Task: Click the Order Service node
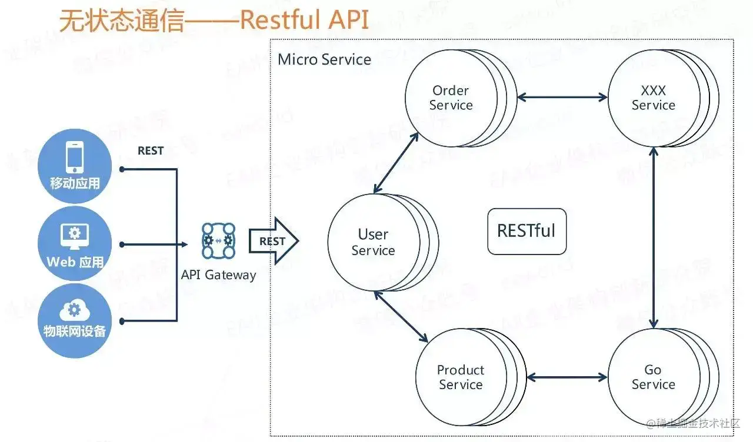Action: (x=451, y=98)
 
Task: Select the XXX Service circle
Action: (x=653, y=98)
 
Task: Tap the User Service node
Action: (x=374, y=242)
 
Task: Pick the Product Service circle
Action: (x=461, y=377)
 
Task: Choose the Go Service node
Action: (x=653, y=377)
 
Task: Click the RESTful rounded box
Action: (x=527, y=231)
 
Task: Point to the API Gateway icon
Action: (x=218, y=241)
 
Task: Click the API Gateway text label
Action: (x=218, y=275)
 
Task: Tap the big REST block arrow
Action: (x=274, y=241)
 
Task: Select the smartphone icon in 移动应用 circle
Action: (x=75, y=157)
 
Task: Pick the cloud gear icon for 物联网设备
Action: (x=75, y=310)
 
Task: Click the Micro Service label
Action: (x=324, y=59)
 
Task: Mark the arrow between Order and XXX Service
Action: (x=562, y=98)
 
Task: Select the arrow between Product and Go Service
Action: (x=567, y=377)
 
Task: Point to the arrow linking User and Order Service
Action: (x=396, y=162)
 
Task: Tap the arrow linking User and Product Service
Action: (x=401, y=316)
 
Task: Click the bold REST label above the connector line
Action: (x=151, y=151)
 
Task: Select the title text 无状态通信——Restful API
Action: (x=214, y=20)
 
